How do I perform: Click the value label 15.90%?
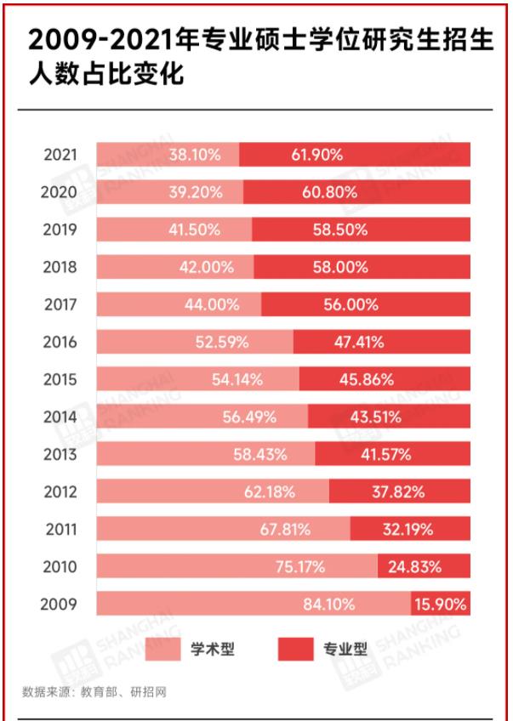tap(440, 605)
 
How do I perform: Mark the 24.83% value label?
tap(423, 567)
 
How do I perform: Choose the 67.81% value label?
tap(286, 529)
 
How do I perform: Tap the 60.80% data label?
tap(328, 192)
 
